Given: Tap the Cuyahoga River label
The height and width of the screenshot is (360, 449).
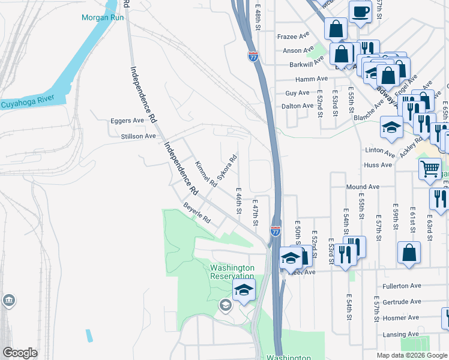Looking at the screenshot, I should point(28,104).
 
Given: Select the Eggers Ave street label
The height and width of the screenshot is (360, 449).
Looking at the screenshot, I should point(127,121).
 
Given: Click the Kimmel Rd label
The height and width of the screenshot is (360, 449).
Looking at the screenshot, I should point(205,173).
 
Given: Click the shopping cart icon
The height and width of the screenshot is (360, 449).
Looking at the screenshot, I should point(430,169).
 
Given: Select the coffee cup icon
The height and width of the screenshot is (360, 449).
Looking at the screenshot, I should point(360,12).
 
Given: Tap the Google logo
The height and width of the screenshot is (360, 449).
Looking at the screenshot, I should point(20,353).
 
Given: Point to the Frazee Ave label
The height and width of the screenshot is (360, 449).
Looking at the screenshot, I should point(293,37).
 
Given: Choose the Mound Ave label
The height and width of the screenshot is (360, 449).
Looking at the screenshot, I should point(362,187).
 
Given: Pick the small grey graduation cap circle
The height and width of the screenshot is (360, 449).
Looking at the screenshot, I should point(225,305).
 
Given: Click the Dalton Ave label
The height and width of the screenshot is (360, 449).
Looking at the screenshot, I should point(298,106).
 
